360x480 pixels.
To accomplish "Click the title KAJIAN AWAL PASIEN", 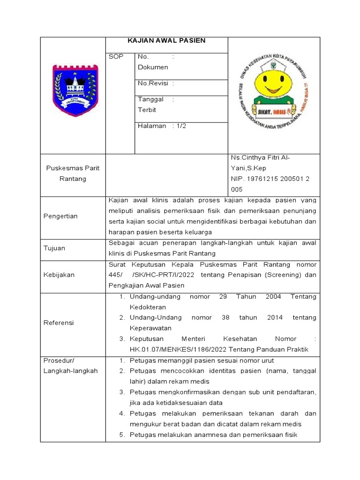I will (166, 41).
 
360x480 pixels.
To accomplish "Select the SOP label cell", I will (116, 57).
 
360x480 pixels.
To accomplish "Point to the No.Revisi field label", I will (155, 83).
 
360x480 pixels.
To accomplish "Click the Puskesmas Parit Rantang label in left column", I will (73, 174).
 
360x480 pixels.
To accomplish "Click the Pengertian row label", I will (60, 216).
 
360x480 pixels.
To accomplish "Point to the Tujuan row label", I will (54, 248).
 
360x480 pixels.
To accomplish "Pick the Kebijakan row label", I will (59, 275).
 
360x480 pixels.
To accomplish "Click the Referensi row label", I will (59, 323).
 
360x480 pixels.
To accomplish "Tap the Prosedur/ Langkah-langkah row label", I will (70, 366).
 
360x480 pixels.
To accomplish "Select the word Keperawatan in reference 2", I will (150, 328).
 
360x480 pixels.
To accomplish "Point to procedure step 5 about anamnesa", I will (213, 435).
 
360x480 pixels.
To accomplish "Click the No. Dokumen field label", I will (153, 62).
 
